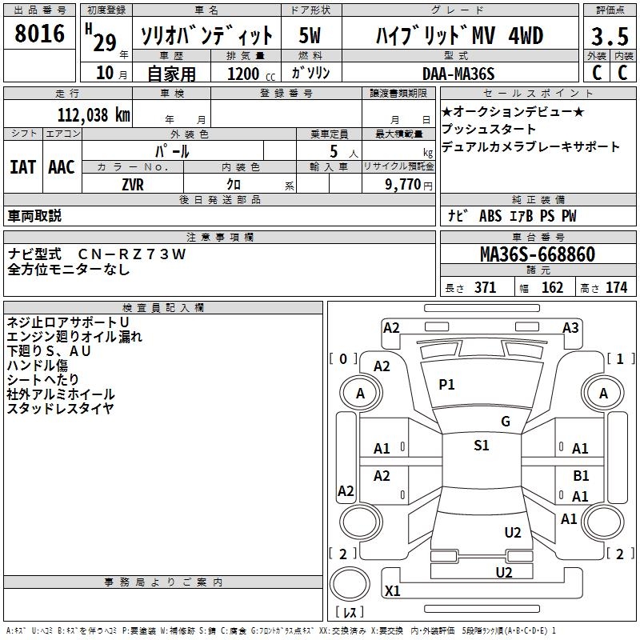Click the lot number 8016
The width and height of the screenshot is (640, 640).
coord(40,34)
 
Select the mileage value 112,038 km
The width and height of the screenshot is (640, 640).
coord(94,114)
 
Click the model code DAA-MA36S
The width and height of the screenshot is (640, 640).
coord(458,74)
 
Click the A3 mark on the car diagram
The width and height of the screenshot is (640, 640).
coord(570,327)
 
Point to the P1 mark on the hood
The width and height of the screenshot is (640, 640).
coord(446,385)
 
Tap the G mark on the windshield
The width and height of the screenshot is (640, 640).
coord(506,422)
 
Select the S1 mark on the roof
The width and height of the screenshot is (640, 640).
coord(481,446)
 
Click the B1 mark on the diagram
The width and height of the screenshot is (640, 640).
coord(581,475)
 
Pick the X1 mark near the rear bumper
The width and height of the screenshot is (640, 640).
coord(393,591)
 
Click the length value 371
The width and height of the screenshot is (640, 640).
coord(485,288)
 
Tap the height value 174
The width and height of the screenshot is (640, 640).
coord(616,288)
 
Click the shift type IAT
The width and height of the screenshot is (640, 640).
coord(22,167)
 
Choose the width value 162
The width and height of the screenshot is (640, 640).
coord(552,288)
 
